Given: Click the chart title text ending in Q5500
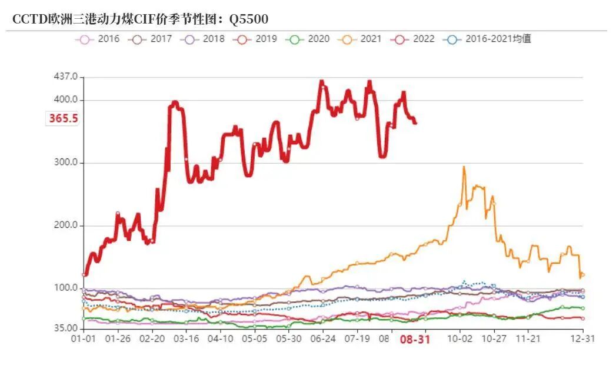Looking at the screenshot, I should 140,19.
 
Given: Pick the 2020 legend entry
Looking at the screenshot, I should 308,39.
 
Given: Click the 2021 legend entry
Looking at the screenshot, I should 360,39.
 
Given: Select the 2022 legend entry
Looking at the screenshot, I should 413,39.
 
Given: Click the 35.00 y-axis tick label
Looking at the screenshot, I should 65,328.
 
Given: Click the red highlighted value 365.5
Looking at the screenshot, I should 64,118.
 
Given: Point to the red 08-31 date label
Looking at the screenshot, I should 415,340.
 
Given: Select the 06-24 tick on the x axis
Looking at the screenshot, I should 322,339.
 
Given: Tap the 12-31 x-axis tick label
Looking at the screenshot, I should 582,339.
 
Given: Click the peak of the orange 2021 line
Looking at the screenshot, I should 464,167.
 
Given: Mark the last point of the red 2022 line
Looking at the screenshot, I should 415,122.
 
